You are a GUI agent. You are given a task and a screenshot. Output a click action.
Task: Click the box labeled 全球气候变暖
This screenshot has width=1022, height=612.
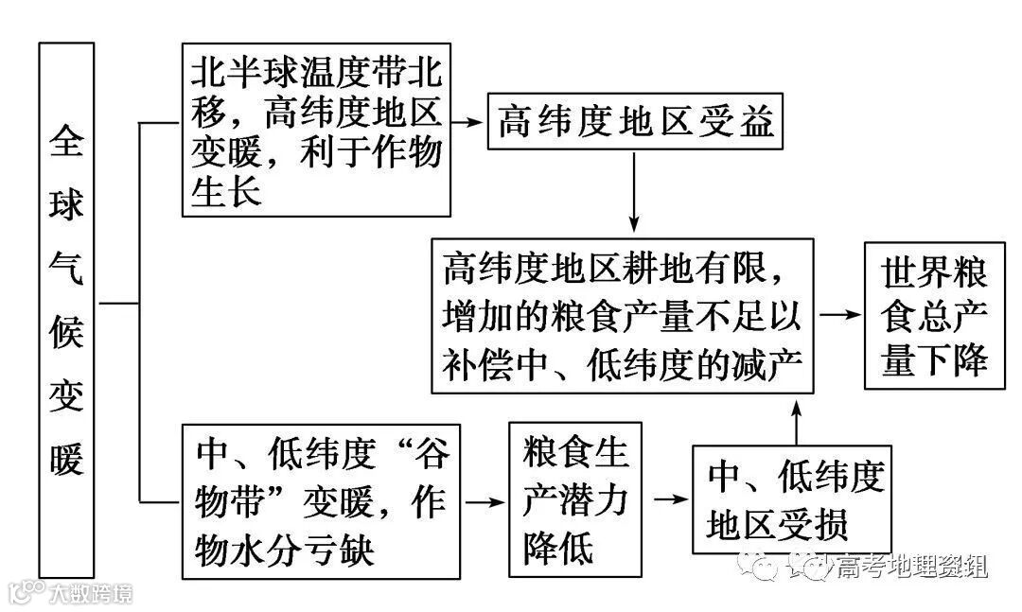[66, 308]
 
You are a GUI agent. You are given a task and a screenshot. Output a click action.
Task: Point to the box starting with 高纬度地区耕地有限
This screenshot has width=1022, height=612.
[623, 317]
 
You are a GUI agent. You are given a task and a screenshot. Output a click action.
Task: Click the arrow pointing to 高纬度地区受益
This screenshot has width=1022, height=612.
[467, 123]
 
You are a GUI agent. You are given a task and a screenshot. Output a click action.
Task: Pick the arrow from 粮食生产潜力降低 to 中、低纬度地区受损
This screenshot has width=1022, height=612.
[666, 500]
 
